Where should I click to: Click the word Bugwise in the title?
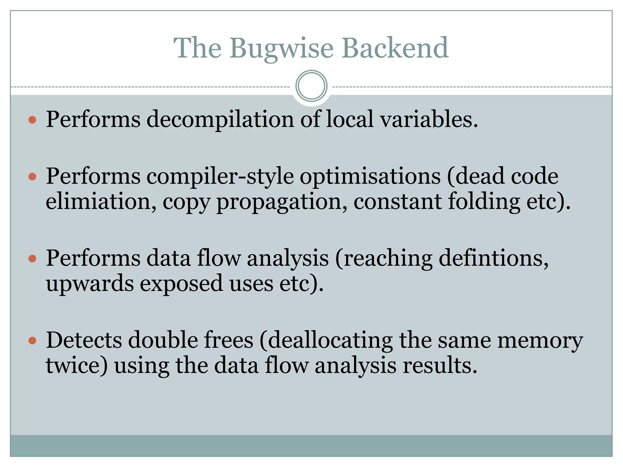281,48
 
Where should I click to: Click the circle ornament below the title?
311,86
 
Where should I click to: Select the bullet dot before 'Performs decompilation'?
32,119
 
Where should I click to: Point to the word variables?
429,119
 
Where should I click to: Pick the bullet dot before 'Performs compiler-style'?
32,176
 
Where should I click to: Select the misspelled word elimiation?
98,201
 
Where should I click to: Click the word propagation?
281,202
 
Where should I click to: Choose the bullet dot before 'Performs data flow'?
32,258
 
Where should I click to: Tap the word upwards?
90,283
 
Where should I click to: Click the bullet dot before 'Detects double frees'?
32,341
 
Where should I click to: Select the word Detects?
84,340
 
